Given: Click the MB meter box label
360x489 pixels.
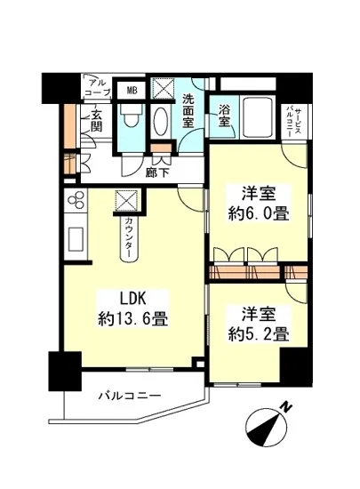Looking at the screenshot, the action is click(x=132, y=91).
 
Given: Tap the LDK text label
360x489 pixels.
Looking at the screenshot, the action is click(x=133, y=299).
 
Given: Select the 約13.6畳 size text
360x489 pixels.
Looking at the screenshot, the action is click(x=133, y=320).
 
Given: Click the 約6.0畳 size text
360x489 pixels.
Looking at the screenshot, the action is click(x=259, y=214).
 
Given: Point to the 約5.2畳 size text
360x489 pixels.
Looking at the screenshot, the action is click(x=259, y=334).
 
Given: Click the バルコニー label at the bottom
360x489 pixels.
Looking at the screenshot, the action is click(x=130, y=397).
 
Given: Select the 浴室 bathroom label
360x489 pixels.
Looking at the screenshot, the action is click(x=224, y=116).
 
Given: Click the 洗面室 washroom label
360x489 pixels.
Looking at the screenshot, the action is click(x=188, y=111).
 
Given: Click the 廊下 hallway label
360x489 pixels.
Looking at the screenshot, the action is click(x=157, y=172).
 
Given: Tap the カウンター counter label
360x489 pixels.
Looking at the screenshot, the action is click(x=128, y=237).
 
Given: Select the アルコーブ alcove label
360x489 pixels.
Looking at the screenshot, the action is click(x=98, y=88).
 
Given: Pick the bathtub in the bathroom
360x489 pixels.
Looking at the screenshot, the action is click(x=257, y=117).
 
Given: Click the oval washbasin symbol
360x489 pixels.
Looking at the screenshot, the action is click(x=161, y=121).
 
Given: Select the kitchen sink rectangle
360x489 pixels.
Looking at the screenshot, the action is click(x=76, y=239).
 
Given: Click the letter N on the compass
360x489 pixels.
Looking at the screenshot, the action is click(x=285, y=407).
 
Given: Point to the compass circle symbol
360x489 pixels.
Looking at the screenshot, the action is click(x=266, y=429).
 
